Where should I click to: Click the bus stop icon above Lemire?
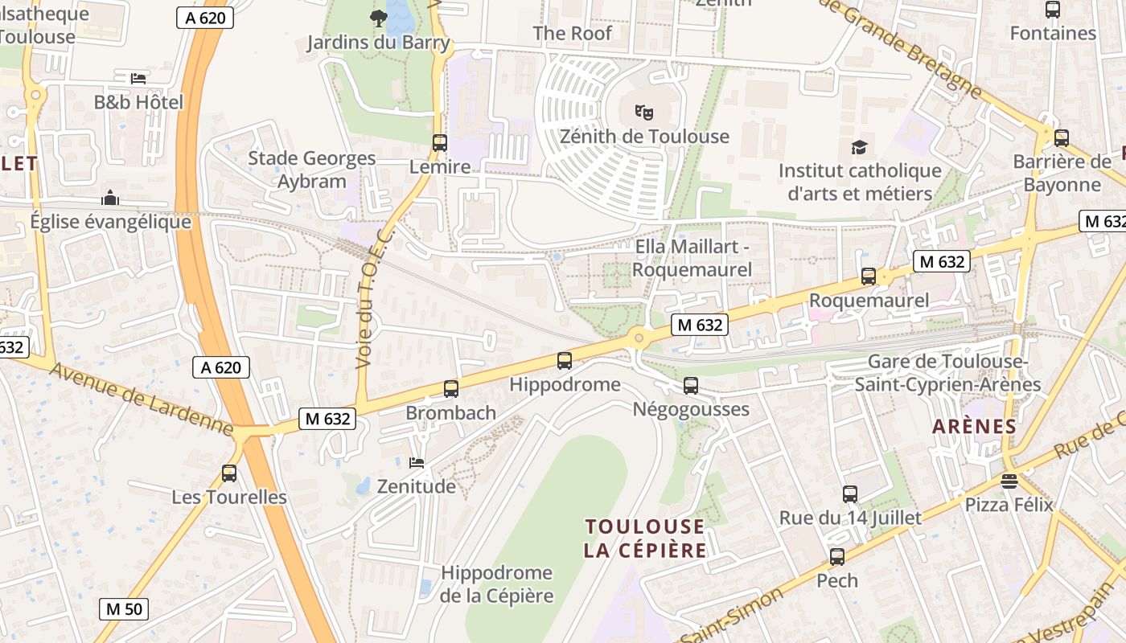pyautogui.click(x=439, y=143)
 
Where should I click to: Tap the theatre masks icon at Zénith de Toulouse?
pyautogui.click(x=643, y=112)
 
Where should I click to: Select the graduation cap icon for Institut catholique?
pyautogui.click(x=859, y=147)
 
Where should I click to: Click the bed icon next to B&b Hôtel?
pyautogui.click(x=138, y=78)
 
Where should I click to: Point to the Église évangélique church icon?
pyautogui.click(x=110, y=198)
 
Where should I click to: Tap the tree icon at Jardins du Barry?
pyautogui.click(x=377, y=17)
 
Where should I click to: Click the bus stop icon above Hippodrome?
pyautogui.click(x=565, y=360)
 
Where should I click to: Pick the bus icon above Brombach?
pyautogui.click(x=451, y=388)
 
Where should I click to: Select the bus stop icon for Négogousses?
pyautogui.click(x=691, y=385)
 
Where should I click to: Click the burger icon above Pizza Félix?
pyautogui.click(x=1009, y=481)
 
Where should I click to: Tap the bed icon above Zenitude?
pyautogui.click(x=417, y=462)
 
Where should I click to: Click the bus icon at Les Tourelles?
pyautogui.click(x=229, y=473)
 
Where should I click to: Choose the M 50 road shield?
pyautogui.click(x=124, y=608)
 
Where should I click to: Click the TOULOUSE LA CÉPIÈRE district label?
pyautogui.click(x=645, y=539)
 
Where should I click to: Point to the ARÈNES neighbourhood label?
pyautogui.click(x=974, y=427)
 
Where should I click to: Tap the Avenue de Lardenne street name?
pyautogui.click(x=141, y=396)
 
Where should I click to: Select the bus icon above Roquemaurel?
pyautogui.click(x=868, y=276)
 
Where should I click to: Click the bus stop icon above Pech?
pyautogui.click(x=837, y=556)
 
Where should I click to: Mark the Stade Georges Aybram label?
pyautogui.click(x=312, y=170)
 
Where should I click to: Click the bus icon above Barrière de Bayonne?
pyautogui.click(x=1062, y=137)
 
